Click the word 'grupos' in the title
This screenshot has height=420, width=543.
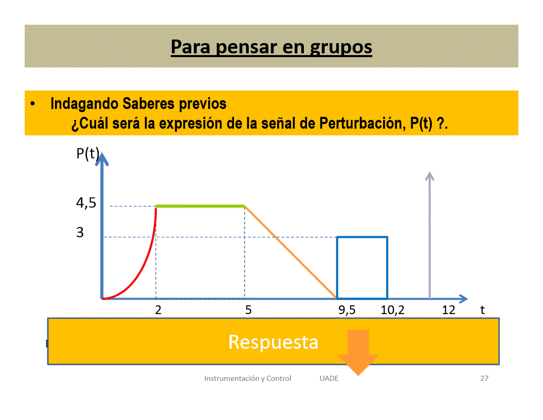[x=341, y=47]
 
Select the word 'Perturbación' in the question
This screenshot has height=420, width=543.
[x=362, y=124]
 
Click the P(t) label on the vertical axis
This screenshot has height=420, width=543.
[x=87, y=153]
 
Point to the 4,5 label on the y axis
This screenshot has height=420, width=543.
[x=86, y=203]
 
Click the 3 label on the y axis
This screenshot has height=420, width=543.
[x=80, y=232]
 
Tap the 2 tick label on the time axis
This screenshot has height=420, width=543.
[x=158, y=310]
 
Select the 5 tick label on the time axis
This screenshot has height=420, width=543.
[x=248, y=310]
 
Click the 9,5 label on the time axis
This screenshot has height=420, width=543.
[x=347, y=310]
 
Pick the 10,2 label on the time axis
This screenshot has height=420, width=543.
[x=392, y=310]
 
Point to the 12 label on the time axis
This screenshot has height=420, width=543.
[x=448, y=310]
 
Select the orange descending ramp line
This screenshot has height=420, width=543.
[x=291, y=252]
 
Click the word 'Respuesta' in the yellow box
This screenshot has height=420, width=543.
[x=273, y=342]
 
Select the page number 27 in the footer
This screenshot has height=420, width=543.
[x=484, y=378]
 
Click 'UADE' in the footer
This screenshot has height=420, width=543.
[x=329, y=378]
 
